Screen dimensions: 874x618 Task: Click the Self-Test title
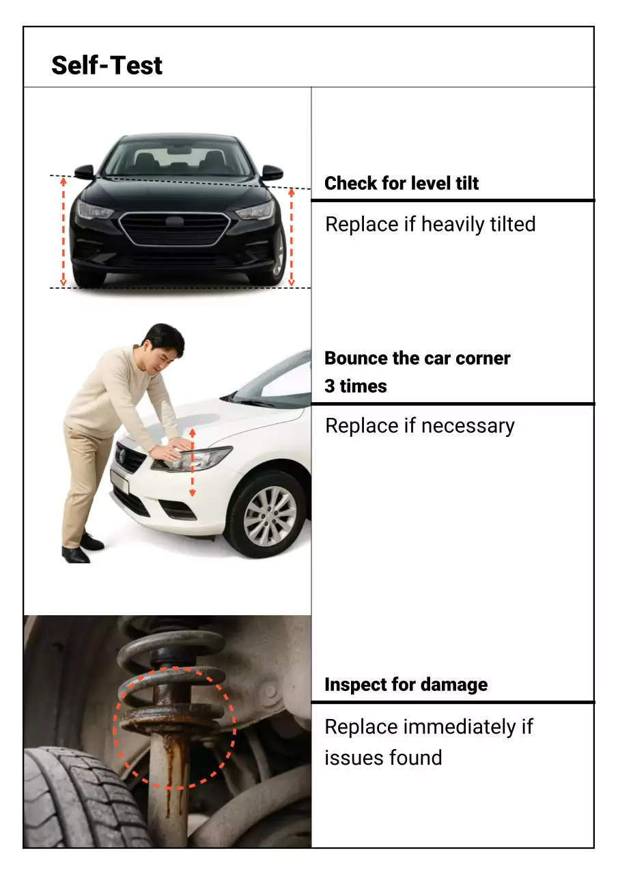(107, 66)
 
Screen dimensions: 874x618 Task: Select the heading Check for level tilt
(402, 183)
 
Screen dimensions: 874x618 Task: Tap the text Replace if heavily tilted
(430, 224)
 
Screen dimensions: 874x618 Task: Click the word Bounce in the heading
(356, 358)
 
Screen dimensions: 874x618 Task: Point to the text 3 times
(356, 386)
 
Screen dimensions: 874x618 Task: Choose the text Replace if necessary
(420, 425)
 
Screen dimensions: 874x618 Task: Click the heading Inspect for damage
(406, 685)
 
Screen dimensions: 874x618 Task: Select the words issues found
(383, 757)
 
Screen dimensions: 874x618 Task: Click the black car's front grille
(174, 229)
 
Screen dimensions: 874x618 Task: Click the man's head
(164, 346)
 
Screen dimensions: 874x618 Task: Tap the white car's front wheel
(270, 516)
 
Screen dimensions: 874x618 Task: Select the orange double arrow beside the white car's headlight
(192, 462)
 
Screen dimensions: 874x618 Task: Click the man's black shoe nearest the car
(92, 542)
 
